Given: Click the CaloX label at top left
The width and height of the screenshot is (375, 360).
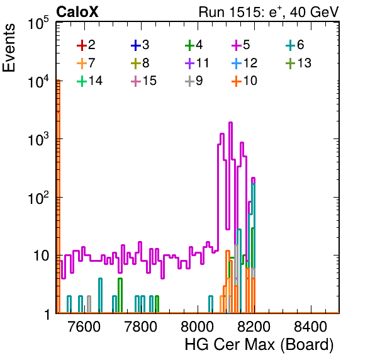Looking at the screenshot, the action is pos(77,12).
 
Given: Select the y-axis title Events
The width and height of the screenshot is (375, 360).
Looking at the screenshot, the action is pos(9,48).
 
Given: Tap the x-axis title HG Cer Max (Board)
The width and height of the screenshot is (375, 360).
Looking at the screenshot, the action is pos(259,345).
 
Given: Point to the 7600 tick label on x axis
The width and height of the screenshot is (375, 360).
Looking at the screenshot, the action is pos(84,326).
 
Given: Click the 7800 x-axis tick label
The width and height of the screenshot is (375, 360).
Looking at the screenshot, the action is pos(141,326).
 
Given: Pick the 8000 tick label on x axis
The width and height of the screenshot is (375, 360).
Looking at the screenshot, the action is pos(198,326).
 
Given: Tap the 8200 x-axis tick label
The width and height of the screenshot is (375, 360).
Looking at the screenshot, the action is pos(254,326).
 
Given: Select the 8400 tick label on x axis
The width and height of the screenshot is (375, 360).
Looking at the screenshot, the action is pos(310,326).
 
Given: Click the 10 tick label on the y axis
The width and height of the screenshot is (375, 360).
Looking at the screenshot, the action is pos(42,256).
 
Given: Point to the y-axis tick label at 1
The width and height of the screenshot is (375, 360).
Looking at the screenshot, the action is pos(47,315).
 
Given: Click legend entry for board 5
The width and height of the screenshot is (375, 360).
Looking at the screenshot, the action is pos(241,45).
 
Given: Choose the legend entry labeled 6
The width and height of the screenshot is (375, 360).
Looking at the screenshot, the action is pos(295,45).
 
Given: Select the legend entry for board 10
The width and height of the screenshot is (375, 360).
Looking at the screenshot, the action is pos(244,81).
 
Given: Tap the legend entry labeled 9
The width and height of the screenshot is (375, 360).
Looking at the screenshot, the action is pos(194,81).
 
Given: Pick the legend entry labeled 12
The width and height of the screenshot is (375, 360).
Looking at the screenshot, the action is pos(244,63).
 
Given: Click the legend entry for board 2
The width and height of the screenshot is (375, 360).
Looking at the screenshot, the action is pos(86,45).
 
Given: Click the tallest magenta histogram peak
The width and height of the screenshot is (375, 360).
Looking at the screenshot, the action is pos(230,123).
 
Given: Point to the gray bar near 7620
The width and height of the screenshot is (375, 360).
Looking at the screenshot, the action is pos(89,304).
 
